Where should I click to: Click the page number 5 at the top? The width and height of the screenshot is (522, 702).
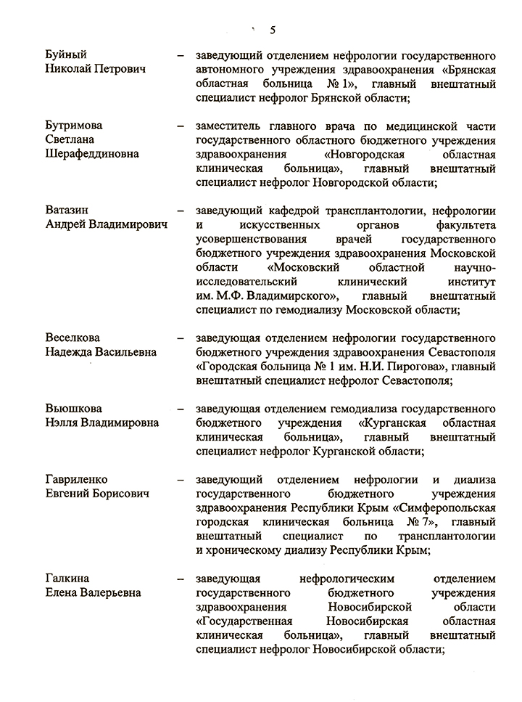[x=273, y=30]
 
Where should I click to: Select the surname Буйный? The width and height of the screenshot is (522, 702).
[x=66, y=55]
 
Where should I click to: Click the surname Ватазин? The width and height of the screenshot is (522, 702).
[x=70, y=211]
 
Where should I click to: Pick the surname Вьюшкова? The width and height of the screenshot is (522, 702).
[x=74, y=408]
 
